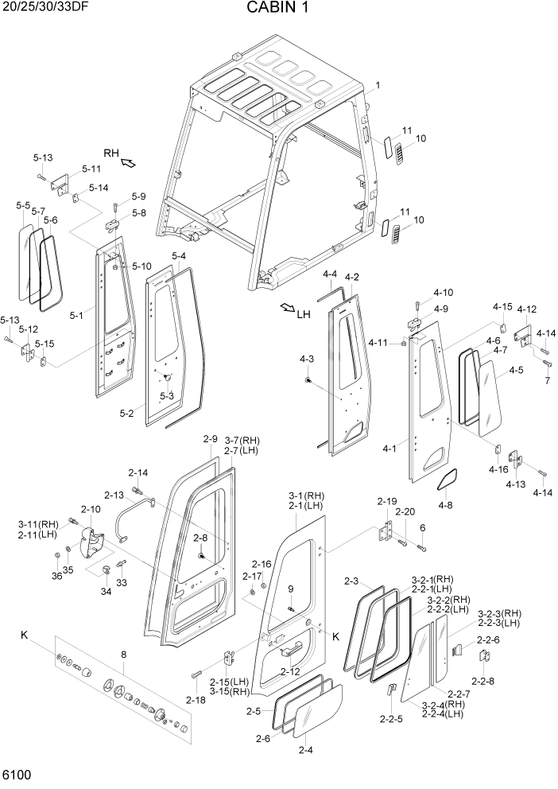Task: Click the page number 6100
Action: pos(17,775)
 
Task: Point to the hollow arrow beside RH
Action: pos(127,163)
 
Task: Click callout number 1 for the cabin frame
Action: pos(378,85)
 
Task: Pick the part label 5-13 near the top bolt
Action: pos(43,157)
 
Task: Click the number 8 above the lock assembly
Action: pos(123,655)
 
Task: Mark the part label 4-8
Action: pos(445,504)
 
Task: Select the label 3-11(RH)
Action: pos(39,524)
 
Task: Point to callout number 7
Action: pos(547,381)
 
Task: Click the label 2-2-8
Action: pos(482,682)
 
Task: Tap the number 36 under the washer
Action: pos(57,576)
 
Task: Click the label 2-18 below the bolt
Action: pos(196,700)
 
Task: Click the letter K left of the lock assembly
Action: pos(25,635)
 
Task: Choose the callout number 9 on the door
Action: pos(291,589)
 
